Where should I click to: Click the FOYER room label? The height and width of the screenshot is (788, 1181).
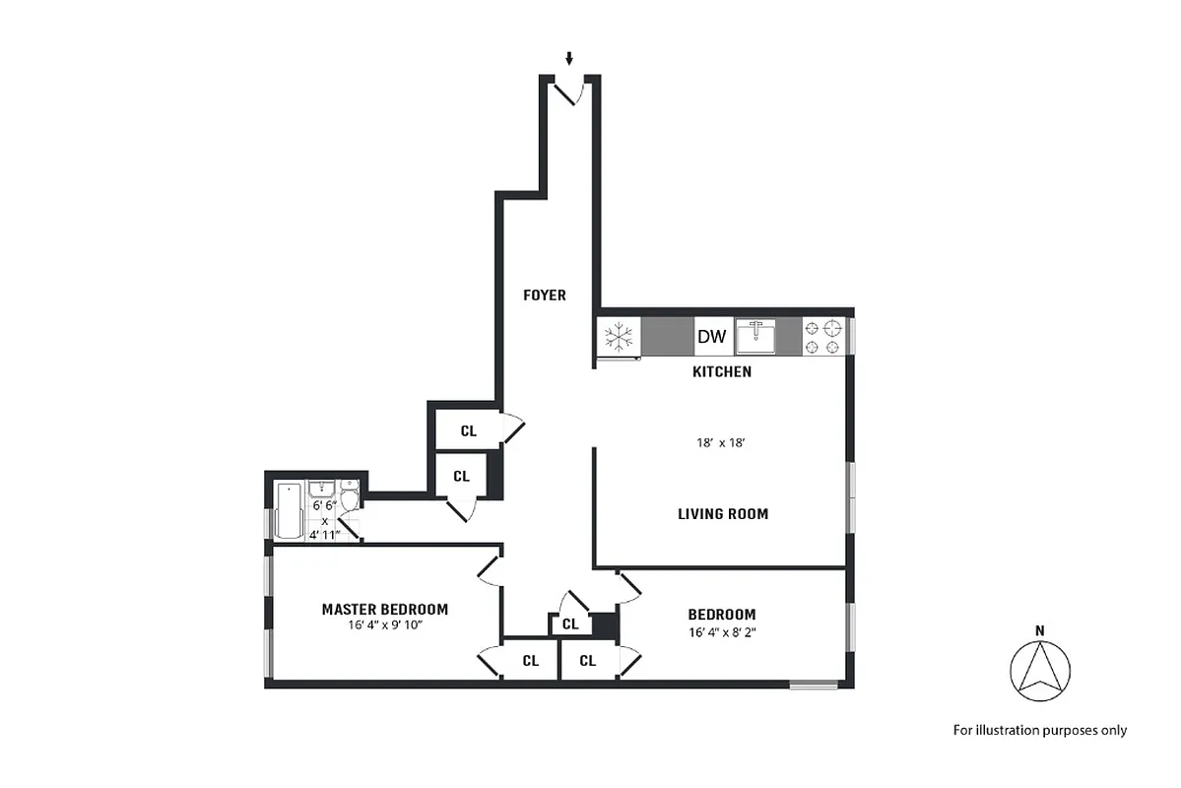click(x=544, y=295)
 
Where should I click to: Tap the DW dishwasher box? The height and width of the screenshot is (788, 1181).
click(x=711, y=337)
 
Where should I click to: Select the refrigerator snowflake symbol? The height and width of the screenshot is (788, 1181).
click(x=618, y=337)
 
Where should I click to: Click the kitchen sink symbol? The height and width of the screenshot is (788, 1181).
click(x=757, y=336)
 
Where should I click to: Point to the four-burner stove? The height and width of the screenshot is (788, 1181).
click(x=823, y=336)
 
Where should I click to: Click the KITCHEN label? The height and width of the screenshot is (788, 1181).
click(x=722, y=371)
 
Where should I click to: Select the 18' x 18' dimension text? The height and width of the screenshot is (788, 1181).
click(x=720, y=443)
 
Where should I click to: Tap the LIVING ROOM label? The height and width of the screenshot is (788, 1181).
click(x=722, y=513)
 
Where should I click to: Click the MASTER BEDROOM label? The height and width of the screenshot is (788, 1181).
click(x=384, y=609)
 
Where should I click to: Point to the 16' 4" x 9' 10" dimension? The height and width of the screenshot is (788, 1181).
click(x=384, y=624)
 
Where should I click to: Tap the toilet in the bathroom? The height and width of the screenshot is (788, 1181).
click(x=350, y=495)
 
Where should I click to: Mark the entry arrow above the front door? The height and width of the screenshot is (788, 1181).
click(x=568, y=59)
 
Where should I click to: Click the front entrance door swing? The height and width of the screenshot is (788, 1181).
click(x=569, y=93)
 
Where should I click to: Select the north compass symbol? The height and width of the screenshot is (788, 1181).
click(x=1039, y=671)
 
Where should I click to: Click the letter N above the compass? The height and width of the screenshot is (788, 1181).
click(x=1039, y=630)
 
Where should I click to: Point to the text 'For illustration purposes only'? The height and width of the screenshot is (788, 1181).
click(x=1039, y=730)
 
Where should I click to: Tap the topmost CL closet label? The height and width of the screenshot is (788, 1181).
click(x=469, y=430)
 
